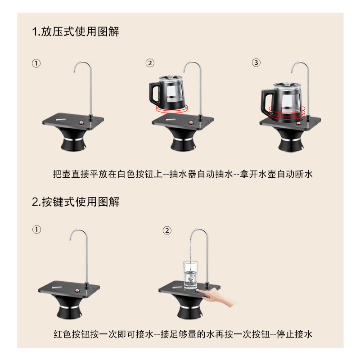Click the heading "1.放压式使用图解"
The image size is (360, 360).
click(76, 32)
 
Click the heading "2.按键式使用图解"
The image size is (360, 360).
click(76, 202)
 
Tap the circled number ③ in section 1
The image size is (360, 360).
click(256, 63)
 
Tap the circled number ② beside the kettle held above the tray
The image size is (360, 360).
click(150, 63)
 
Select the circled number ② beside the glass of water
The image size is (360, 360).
click(167, 230)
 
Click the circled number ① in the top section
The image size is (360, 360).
click(36, 63)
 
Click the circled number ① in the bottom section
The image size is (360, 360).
click(36, 229)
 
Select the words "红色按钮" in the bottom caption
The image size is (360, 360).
click(68, 334)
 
